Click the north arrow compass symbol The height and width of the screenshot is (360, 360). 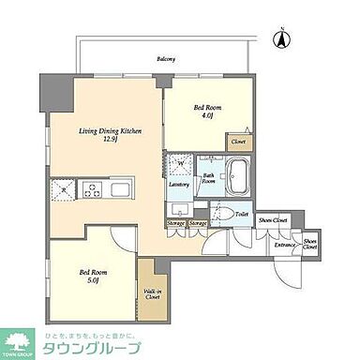[x=278, y=38]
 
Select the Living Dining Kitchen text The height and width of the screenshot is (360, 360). [x=110, y=131]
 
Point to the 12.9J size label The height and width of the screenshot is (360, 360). [x=110, y=142]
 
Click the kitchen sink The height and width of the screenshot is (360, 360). [x=122, y=189]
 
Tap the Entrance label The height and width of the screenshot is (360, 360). [x=284, y=245]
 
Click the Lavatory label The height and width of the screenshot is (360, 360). [x=179, y=184]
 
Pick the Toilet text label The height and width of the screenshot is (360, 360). [x=242, y=215]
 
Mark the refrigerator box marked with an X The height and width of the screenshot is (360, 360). [x=63, y=189]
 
